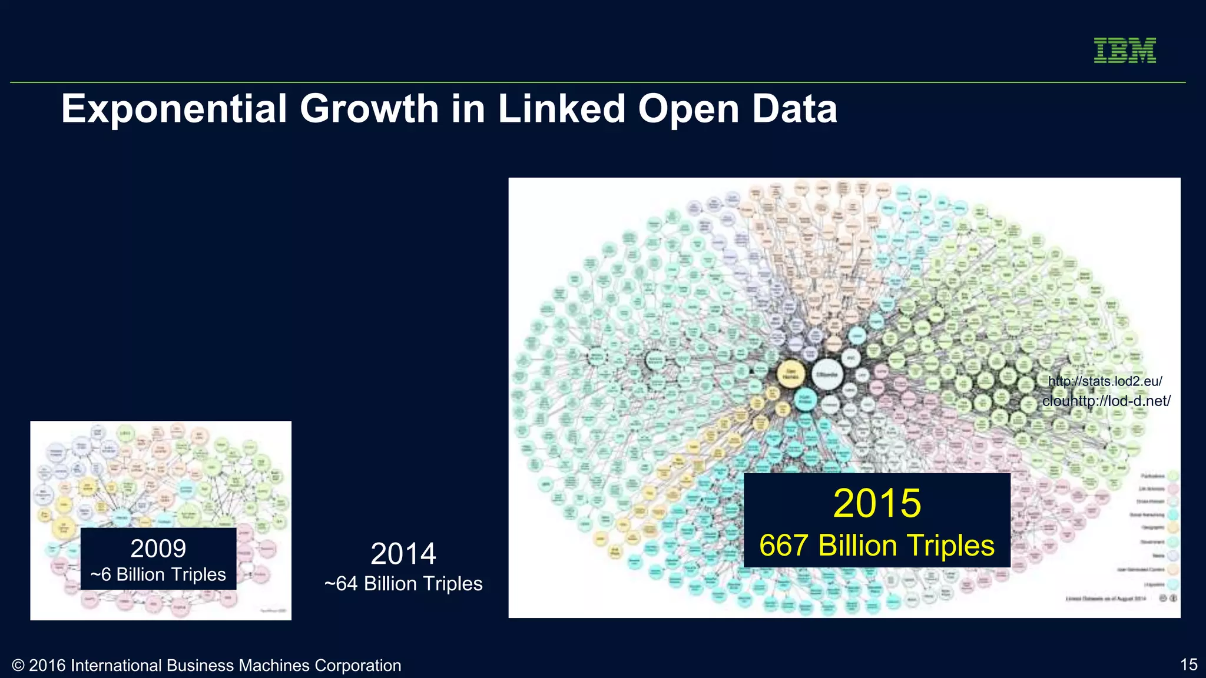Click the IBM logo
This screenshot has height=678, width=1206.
tap(1125, 50)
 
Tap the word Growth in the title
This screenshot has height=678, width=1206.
tap(369, 109)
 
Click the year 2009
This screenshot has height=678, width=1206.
tap(158, 549)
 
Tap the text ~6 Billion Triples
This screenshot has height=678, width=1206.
tap(158, 574)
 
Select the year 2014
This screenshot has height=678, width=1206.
tap(403, 554)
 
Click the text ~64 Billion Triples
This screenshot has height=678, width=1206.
tap(403, 584)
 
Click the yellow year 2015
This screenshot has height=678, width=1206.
tap(877, 503)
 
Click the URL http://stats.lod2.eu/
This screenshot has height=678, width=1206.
tap(1105, 381)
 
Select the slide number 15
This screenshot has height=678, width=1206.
tap(1188, 664)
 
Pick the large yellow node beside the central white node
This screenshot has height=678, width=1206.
tap(791, 374)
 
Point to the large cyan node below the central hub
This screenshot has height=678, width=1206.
tap(804, 400)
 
